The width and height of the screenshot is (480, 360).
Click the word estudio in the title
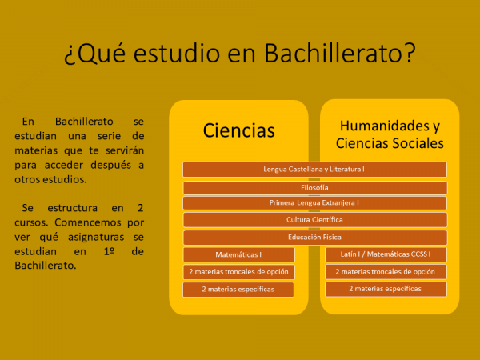tap(177, 53)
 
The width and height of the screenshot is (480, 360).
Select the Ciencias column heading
tap(238, 130)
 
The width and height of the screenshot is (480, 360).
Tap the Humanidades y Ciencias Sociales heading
tap(390, 134)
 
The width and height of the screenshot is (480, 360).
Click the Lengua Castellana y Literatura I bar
tap(314, 170)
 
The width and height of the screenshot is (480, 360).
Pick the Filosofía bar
tap(315, 188)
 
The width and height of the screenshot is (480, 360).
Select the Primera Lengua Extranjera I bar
tap(314, 202)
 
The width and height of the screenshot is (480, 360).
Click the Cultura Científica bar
tap(315, 220)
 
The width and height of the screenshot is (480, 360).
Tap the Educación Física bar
tap(315, 238)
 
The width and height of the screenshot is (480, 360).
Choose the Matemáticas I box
tap(238, 254)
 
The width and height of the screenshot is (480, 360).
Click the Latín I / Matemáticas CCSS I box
tap(386, 254)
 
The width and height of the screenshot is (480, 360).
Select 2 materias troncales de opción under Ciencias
tap(238, 272)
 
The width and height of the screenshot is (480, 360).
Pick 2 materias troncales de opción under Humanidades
tap(386, 271)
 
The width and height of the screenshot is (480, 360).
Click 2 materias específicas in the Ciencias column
tap(238, 290)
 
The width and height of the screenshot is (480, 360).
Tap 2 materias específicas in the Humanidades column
tap(386, 289)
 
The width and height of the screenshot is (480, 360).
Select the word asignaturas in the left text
tap(96, 238)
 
